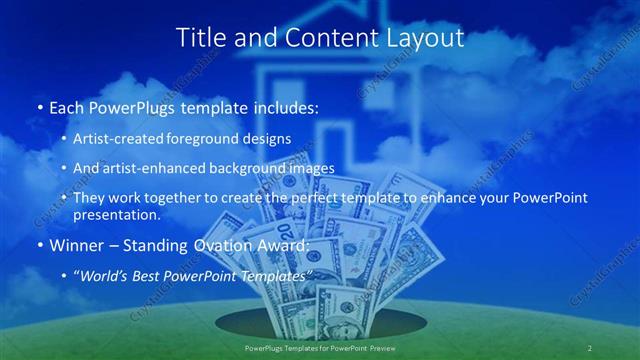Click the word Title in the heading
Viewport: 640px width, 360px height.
(201, 38)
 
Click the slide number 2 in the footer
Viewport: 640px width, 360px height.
(590, 347)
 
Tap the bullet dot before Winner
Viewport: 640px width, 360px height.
(39, 246)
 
